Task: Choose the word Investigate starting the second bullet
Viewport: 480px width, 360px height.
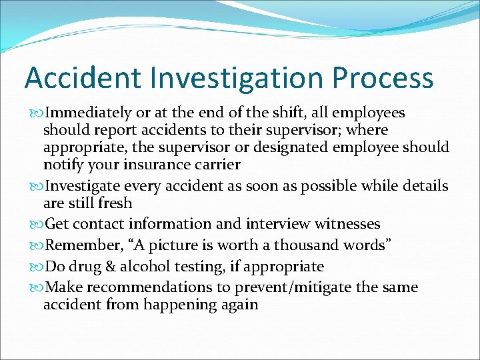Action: coord(86,186)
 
